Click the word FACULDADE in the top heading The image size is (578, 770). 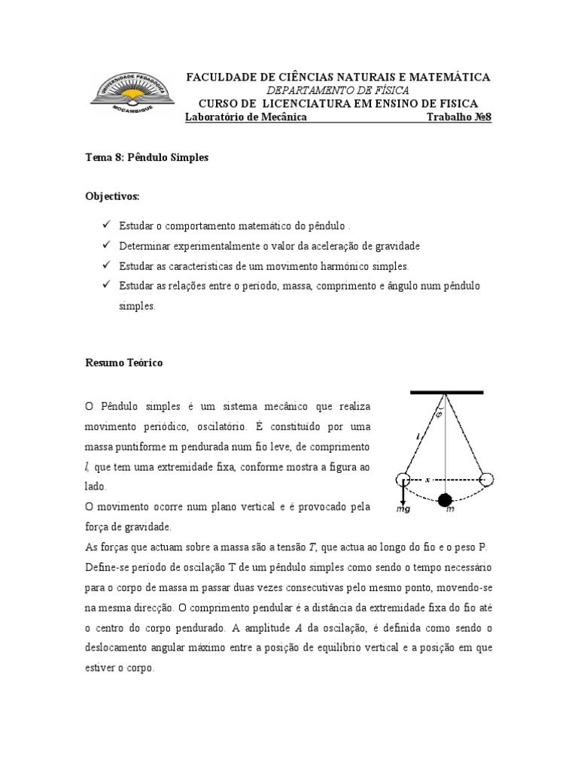click(x=220, y=77)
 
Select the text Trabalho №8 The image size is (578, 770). click(x=458, y=118)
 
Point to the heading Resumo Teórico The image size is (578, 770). click(x=123, y=362)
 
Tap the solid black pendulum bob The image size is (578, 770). click(x=446, y=499)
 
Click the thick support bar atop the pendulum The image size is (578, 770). click(x=446, y=393)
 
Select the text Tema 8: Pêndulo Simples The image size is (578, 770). click(x=148, y=158)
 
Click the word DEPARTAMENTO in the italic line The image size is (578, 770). click(x=304, y=90)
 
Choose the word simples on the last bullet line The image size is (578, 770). click(x=136, y=307)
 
